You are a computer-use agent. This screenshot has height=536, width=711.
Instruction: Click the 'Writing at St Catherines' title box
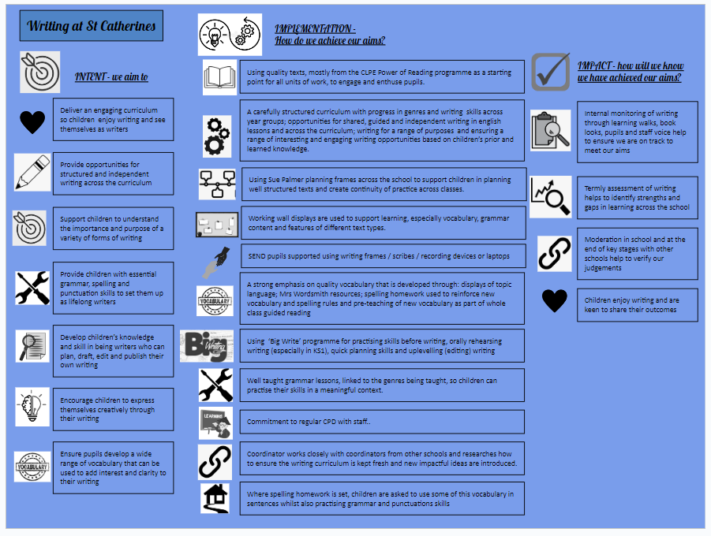click(x=91, y=26)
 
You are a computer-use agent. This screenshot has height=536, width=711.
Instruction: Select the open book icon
click(x=220, y=76)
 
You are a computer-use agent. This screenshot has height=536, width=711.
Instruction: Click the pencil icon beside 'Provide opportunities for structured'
click(x=32, y=172)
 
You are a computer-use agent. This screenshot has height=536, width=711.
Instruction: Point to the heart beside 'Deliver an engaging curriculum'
click(x=32, y=121)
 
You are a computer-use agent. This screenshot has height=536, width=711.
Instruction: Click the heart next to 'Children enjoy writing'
click(x=555, y=300)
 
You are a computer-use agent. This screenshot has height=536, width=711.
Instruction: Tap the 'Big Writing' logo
click(x=207, y=345)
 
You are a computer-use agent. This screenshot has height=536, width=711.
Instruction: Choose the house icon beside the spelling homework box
click(x=215, y=498)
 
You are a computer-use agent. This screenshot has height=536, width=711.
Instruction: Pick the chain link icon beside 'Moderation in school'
click(x=554, y=255)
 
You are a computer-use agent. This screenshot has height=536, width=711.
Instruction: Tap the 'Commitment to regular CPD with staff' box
click(x=382, y=422)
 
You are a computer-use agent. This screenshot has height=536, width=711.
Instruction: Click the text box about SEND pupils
click(x=382, y=255)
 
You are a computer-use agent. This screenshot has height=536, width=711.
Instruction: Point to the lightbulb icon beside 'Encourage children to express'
click(x=32, y=407)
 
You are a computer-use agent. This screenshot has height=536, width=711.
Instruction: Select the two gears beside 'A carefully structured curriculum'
click(x=216, y=134)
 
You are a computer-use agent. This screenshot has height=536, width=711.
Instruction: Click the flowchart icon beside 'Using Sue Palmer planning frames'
click(x=216, y=184)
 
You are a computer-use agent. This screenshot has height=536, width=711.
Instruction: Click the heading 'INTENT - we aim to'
click(x=111, y=76)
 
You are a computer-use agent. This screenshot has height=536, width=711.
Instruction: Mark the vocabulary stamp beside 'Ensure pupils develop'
click(x=32, y=467)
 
